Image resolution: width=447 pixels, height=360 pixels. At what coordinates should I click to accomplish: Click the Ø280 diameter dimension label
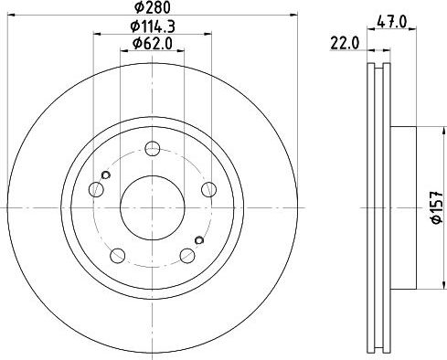153,7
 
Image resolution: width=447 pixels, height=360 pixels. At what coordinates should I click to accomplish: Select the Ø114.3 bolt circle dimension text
153,26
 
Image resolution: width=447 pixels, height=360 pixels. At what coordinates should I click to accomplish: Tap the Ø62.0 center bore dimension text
153,44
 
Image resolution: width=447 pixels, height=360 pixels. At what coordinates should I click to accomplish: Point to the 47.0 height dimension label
392,22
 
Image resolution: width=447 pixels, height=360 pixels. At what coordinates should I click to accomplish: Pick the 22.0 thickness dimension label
345,44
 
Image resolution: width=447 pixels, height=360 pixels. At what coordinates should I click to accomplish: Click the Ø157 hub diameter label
436,207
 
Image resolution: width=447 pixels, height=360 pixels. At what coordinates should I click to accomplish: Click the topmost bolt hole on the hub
153,149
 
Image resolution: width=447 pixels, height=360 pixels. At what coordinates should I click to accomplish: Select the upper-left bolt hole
96,189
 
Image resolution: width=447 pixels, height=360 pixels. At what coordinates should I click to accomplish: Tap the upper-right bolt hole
209,189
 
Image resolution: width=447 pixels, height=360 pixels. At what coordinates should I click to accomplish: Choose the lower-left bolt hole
117,256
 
